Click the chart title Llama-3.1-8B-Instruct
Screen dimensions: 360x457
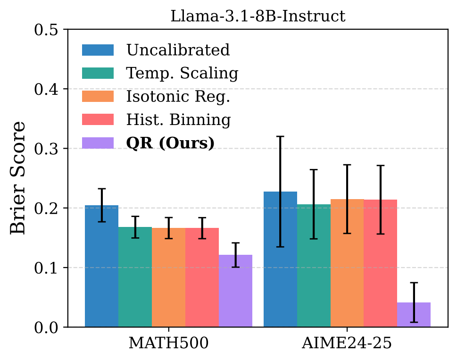(258, 16)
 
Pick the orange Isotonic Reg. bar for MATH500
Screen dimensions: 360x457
(168, 278)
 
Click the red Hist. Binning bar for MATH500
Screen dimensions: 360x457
(202, 278)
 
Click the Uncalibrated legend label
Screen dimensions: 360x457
(177, 50)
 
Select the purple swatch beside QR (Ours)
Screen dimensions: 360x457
(98, 143)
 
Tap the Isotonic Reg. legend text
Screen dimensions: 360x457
(178, 96)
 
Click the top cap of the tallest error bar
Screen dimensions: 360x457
(280, 136)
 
